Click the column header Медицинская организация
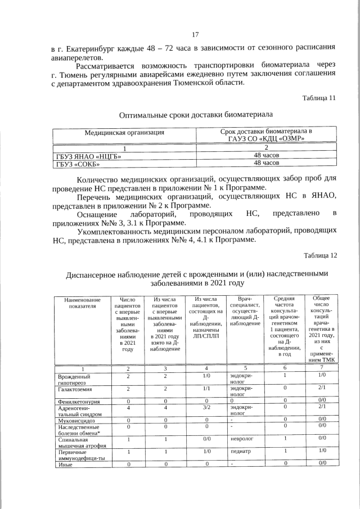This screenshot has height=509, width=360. click(x=124, y=133)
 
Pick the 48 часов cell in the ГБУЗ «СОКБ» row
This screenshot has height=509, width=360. click(x=266, y=163)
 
